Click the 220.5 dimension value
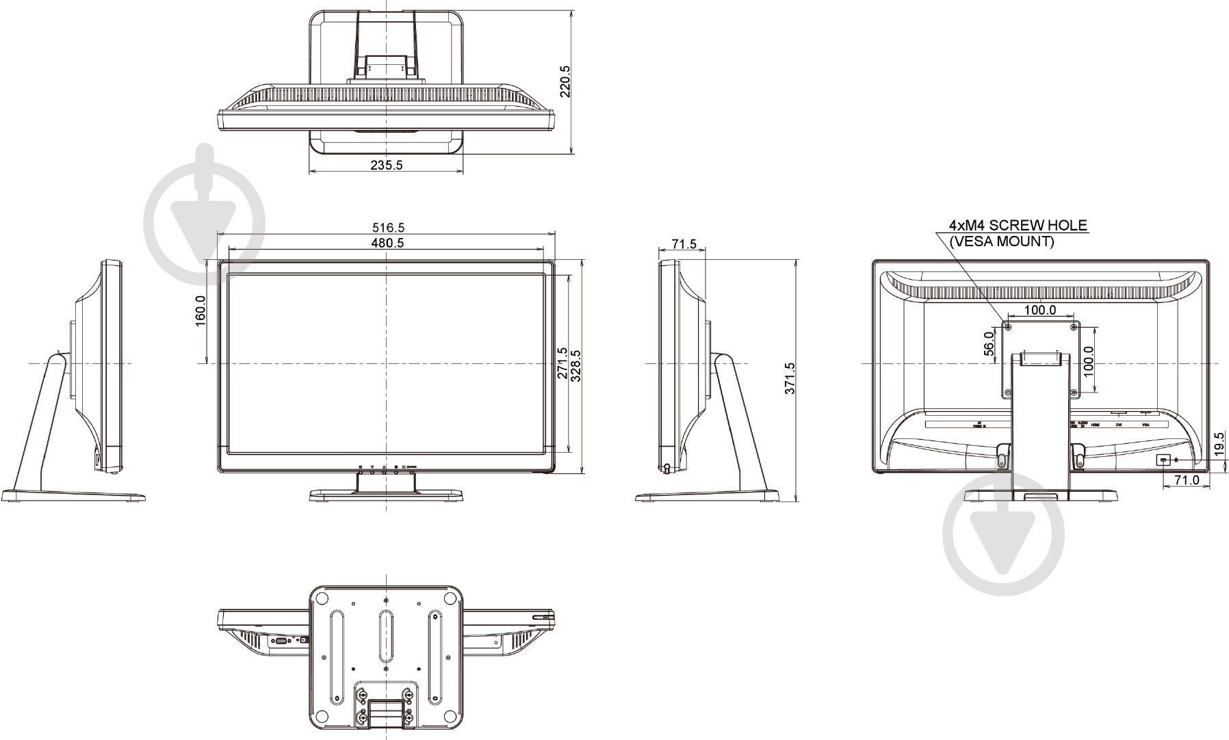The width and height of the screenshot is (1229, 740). pos(565,81)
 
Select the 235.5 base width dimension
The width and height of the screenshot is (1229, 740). pos(387,165)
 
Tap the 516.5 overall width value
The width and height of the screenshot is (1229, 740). pos(387,227)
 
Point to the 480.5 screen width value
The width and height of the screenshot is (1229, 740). pos(387,243)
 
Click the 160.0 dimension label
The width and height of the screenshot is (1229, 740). pos(200,311)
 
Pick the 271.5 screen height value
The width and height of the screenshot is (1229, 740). pos(562,362)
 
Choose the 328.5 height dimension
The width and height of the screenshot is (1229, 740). pos(576,366)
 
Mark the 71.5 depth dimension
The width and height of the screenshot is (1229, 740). pos(684,243)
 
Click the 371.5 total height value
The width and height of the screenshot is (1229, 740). pos(790,378)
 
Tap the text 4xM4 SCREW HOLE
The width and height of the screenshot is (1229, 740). pos(1018,225)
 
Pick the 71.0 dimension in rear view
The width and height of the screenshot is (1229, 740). pos(1187,480)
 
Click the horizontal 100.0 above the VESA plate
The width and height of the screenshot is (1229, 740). pos(1040,310)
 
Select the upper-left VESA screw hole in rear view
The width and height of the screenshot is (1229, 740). pos(1008,326)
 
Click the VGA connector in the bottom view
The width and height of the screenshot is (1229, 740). pos(280,641)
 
